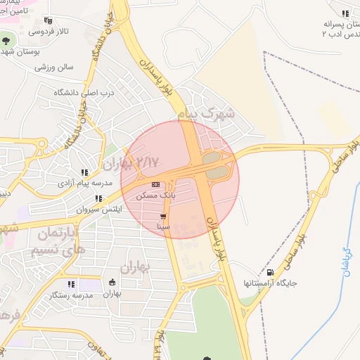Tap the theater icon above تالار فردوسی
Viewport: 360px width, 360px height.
click(47, 21)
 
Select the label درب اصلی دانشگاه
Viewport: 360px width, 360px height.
click(83, 92)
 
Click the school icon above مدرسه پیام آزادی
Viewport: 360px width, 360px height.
click(84, 172)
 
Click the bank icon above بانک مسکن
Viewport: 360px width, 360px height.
click(155, 184)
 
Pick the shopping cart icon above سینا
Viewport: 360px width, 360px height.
click(164, 217)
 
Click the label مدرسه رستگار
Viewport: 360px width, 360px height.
click(68, 295)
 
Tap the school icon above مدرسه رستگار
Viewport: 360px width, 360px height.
click(71, 285)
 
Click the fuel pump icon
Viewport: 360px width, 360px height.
click(271, 273)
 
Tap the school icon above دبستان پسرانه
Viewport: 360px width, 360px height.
click(345, 13)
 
